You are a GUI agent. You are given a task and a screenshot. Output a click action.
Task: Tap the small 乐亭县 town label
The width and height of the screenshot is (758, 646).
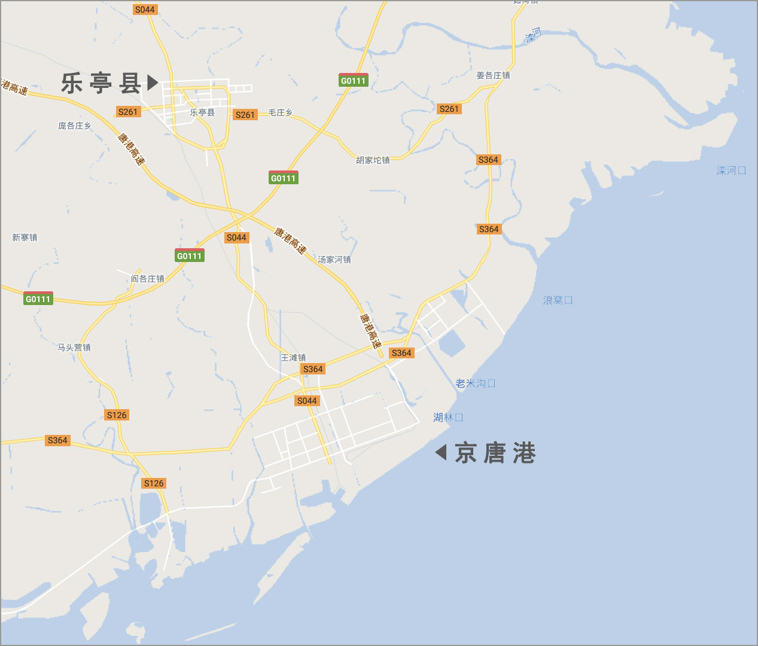point(202,112)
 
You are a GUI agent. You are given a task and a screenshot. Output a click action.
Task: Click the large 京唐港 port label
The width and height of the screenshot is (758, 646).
point(495,453)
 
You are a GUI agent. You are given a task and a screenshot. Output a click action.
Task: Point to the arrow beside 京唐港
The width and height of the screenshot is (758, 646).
point(441,452)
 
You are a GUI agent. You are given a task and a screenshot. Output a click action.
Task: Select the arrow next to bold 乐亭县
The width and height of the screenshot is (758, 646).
point(153,82)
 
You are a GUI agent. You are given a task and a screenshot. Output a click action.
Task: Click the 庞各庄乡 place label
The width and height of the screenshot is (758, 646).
point(75,126)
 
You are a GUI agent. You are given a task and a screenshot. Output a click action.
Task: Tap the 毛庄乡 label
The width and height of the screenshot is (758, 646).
point(280,112)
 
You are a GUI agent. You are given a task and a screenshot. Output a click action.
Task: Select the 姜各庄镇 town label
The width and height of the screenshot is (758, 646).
point(493,75)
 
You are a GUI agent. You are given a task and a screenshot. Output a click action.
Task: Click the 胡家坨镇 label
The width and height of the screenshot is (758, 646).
point(373,160)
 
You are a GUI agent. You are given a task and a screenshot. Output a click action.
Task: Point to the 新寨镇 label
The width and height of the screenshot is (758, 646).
point(25,237)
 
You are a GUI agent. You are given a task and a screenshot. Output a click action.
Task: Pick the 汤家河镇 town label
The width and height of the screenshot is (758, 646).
point(334,260)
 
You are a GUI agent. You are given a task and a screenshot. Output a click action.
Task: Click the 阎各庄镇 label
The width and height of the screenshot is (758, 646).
point(147,279)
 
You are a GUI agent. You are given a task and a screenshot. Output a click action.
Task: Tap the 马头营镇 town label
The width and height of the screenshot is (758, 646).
point(74,348)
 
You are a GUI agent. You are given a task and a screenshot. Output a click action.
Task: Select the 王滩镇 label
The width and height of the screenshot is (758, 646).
point(293,358)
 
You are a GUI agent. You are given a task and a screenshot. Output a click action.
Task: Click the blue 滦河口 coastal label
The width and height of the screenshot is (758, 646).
point(731,170)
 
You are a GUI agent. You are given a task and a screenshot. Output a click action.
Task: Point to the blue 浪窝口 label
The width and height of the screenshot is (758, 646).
point(558,300)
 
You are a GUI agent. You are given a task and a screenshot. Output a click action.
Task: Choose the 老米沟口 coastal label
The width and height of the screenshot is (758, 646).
point(476,383)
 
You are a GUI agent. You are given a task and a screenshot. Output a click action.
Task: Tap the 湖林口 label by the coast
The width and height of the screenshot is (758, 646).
point(448,418)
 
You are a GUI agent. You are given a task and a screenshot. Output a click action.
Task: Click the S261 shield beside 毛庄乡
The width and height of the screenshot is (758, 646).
point(245,115)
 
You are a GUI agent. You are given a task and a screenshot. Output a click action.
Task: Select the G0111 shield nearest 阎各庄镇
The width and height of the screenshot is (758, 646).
point(190,255)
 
